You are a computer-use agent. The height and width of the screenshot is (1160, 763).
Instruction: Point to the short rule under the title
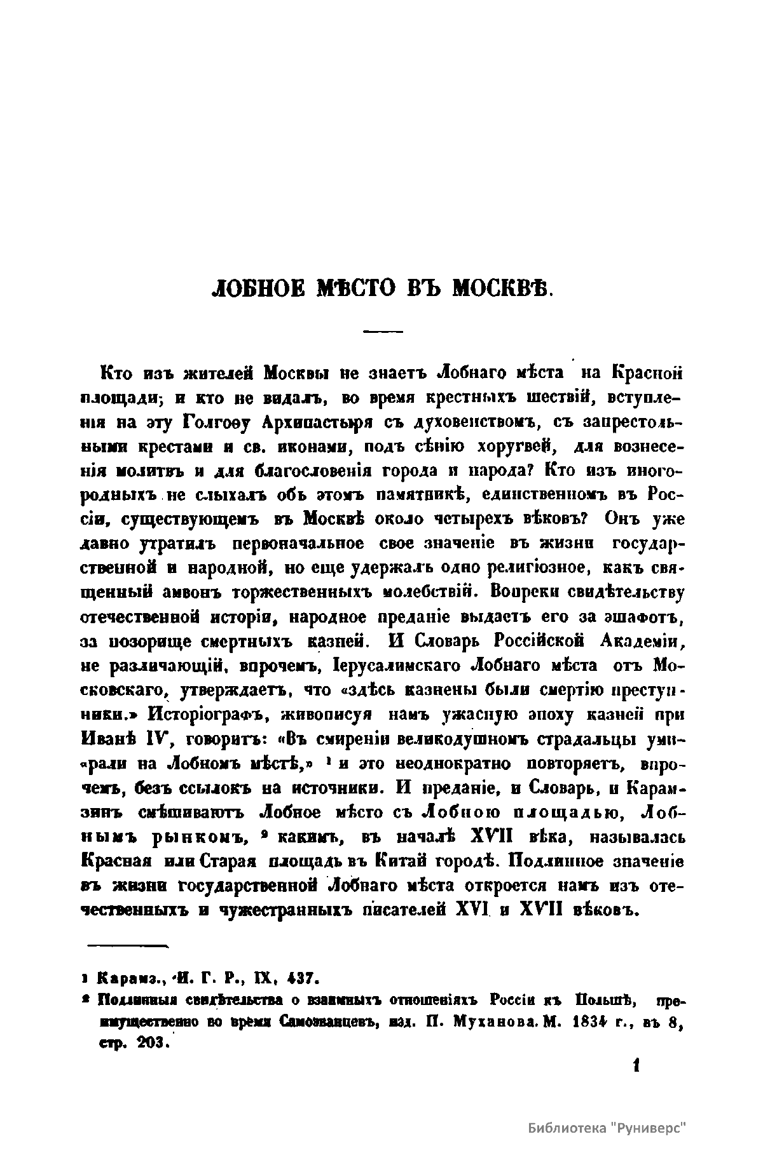pos(383,331)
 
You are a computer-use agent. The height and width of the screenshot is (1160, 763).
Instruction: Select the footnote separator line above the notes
pos(127,947)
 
